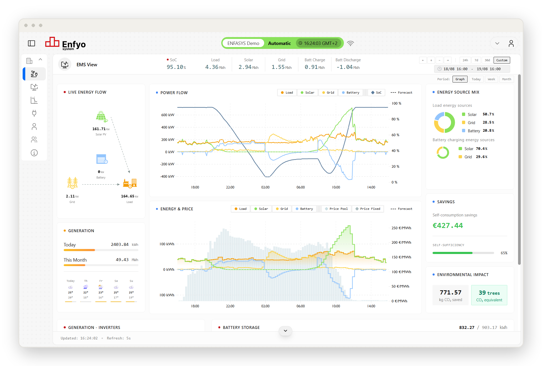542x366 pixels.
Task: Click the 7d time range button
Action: point(476,60)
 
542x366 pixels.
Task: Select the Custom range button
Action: point(502,60)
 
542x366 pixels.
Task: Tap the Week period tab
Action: point(491,79)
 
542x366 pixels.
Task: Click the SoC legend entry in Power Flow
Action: point(377,93)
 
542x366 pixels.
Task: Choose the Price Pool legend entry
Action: point(336,209)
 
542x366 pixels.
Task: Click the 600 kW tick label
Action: point(168,115)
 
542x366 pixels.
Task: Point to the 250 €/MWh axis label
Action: point(401,228)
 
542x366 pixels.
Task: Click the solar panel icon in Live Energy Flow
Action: point(102,117)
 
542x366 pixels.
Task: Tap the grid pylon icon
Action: point(72,183)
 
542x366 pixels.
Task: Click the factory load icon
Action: point(130,183)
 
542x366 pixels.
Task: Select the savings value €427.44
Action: point(448,226)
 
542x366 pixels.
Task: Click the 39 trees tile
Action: point(489,295)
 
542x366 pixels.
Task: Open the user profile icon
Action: point(511,43)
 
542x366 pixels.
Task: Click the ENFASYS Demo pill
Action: point(243,43)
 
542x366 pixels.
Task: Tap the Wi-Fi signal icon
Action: point(350,43)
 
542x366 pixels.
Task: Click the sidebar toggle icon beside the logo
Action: point(32,43)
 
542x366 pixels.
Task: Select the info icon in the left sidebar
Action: point(34,153)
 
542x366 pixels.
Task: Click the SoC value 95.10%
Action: point(176,67)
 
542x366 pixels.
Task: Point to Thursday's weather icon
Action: point(86,287)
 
